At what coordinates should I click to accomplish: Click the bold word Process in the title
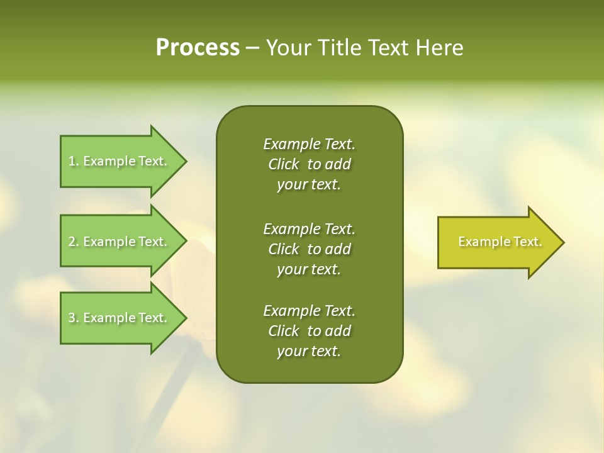[x=198, y=48]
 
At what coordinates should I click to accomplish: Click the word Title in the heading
[x=339, y=48]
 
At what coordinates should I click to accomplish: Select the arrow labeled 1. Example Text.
[x=120, y=161]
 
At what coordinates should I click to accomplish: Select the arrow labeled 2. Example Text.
[x=120, y=242]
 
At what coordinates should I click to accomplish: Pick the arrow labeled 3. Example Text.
[x=120, y=318]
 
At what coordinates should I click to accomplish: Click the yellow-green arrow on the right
[x=497, y=242]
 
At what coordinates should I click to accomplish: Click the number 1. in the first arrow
[x=74, y=161]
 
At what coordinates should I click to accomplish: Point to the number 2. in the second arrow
[x=74, y=242]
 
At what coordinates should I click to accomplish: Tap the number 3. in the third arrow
[x=74, y=318]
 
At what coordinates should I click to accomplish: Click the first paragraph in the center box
[x=309, y=164]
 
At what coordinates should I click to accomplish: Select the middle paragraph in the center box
[x=309, y=249]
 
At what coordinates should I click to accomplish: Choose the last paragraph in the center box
[x=309, y=331]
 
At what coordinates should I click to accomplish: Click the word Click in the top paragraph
[x=284, y=164]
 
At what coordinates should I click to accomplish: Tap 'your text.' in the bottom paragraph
[x=309, y=352]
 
